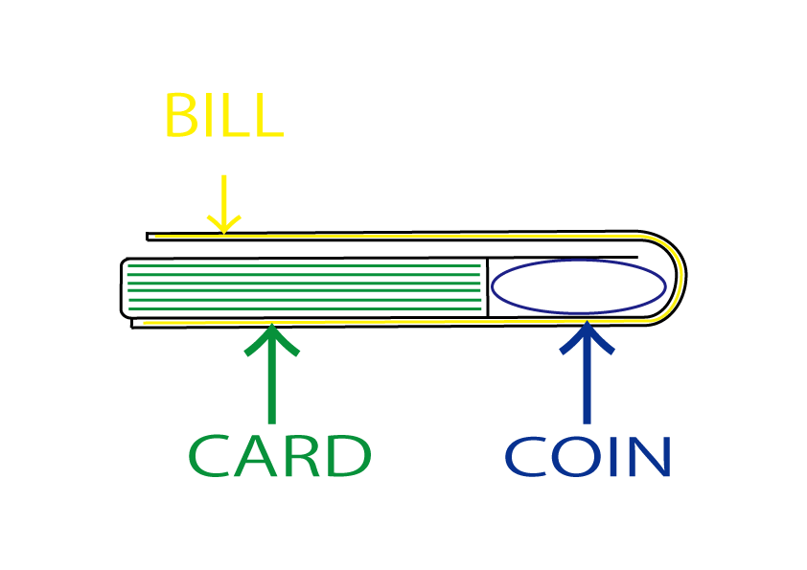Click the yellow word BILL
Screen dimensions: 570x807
click(222, 116)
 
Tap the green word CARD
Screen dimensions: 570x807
click(279, 456)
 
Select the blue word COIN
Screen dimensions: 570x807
click(587, 457)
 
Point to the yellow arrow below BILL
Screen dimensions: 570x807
click(223, 203)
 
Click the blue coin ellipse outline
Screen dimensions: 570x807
click(579, 260)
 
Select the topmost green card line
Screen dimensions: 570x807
click(303, 265)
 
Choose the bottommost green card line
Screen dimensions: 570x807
click(303, 308)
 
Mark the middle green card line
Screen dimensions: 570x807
click(303, 286)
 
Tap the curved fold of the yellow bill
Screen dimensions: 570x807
click(679, 278)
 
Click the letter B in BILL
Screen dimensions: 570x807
click(180, 116)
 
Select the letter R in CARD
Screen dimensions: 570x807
click(301, 456)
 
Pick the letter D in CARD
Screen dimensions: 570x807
click(348, 456)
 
